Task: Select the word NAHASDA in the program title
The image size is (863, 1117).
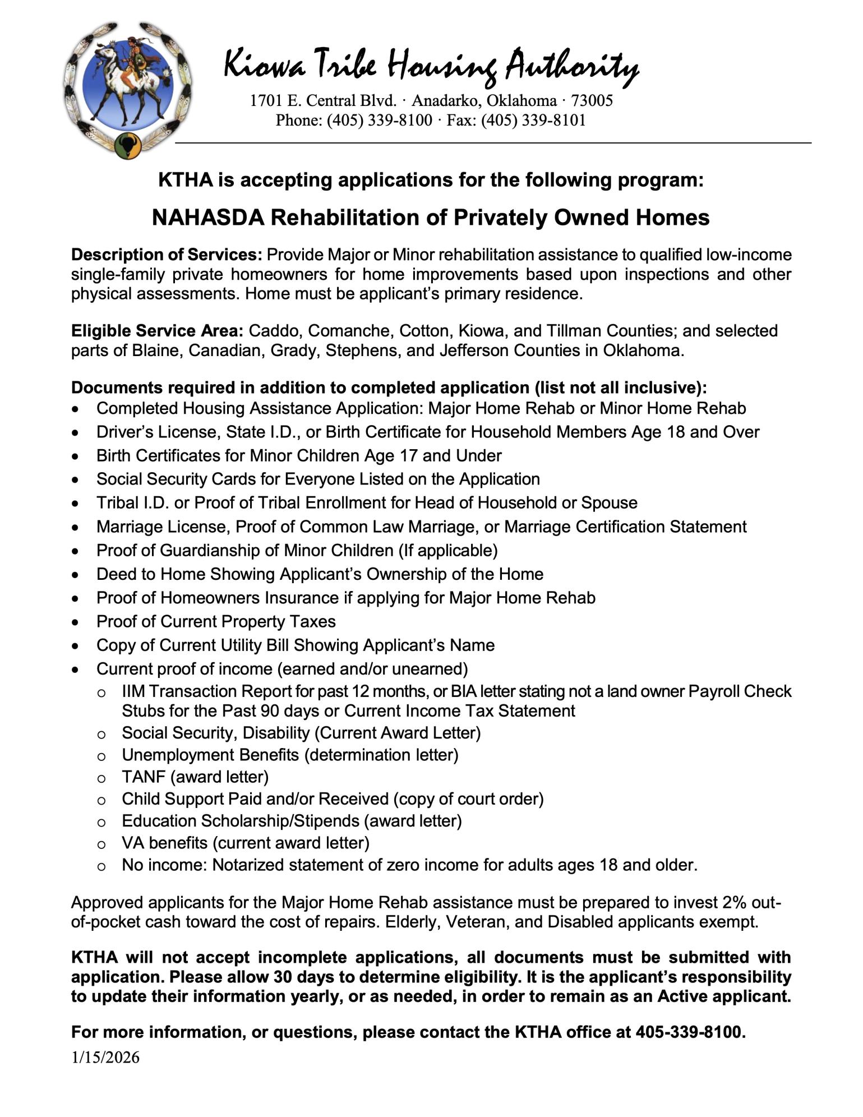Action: point(208,218)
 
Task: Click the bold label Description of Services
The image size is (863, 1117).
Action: point(167,255)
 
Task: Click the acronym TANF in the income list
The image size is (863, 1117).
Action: point(144,777)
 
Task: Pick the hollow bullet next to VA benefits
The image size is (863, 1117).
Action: point(101,844)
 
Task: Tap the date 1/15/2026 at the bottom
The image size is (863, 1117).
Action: point(105,1058)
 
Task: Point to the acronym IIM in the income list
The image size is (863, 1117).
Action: point(133,691)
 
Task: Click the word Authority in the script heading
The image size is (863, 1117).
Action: point(571,66)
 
